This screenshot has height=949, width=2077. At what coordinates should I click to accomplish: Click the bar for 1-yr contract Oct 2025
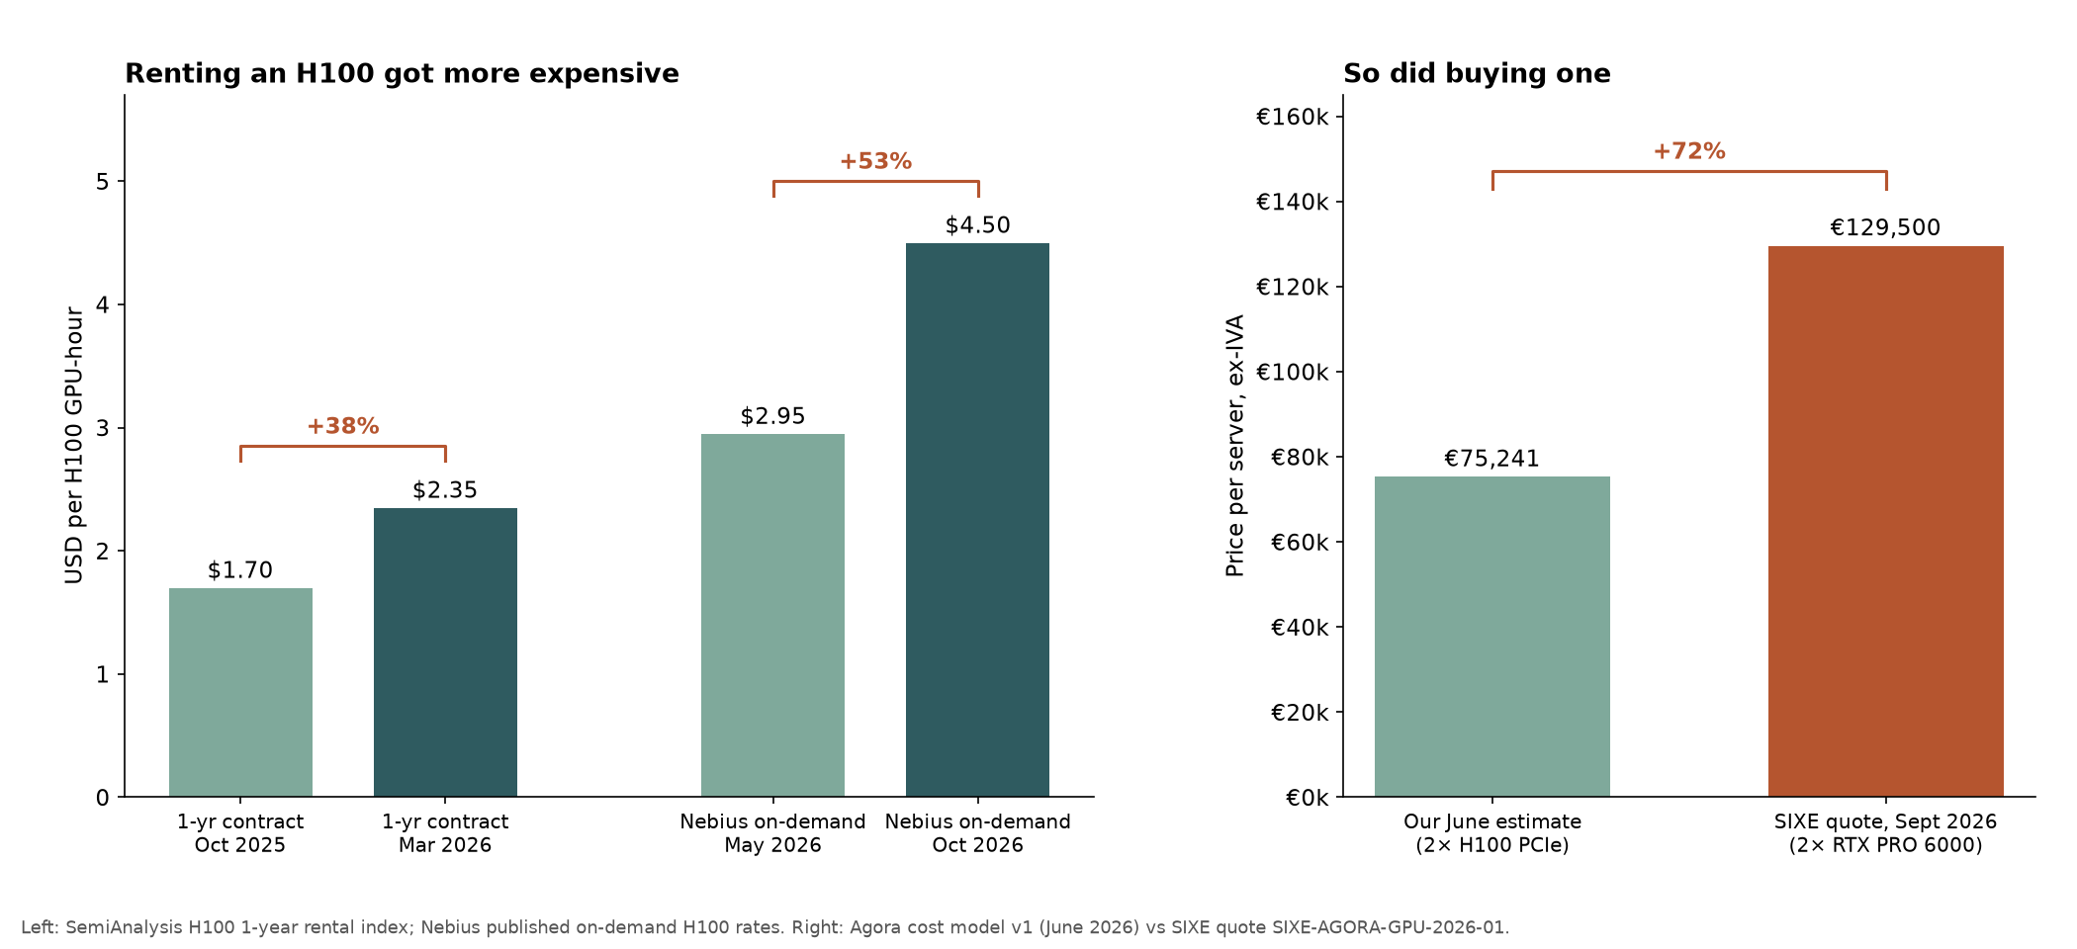240,692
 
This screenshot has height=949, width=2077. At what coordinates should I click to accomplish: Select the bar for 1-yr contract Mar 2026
445,652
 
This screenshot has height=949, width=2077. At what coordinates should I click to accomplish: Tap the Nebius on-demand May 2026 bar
772,615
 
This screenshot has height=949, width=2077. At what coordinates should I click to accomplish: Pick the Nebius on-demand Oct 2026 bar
977,520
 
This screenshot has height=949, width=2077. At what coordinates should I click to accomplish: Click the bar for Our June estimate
1491,637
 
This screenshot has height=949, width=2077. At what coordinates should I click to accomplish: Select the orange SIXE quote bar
1885,521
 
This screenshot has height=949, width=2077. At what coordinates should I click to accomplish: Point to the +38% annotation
343,426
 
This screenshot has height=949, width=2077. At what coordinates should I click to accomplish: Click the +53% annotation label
875,161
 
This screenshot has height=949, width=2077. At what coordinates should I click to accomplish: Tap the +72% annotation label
1689,151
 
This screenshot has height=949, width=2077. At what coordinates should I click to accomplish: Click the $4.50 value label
977,225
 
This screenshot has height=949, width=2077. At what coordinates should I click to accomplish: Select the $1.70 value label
240,570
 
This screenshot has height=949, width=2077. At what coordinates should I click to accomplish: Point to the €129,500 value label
1885,228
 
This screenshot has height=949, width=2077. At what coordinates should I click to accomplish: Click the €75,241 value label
1491,459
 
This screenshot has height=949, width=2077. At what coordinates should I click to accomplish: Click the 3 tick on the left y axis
103,428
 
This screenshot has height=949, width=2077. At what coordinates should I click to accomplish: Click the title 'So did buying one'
1477,74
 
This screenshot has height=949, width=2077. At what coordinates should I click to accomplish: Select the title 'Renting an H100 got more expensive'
402,74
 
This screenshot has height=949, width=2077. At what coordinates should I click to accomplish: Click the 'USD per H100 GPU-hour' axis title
74,445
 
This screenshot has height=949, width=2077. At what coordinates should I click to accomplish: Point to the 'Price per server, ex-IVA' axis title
1234,446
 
